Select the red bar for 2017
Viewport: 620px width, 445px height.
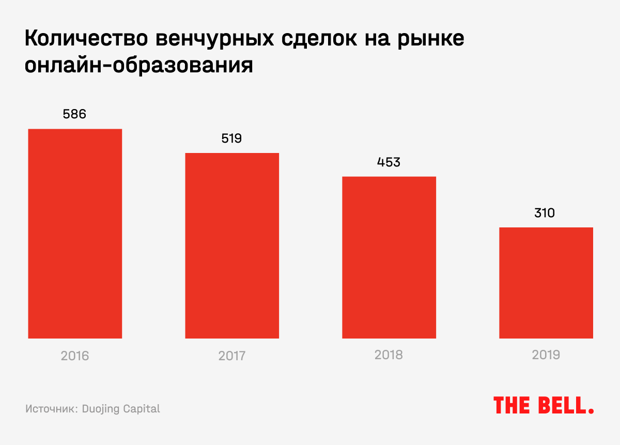(232, 245)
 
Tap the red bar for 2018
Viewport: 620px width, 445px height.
(389, 257)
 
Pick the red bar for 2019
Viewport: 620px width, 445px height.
(546, 283)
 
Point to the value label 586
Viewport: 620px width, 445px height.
(74, 114)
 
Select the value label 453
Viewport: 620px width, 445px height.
(389, 162)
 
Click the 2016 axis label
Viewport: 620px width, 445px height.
(75, 356)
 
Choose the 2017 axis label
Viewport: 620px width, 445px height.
(232, 356)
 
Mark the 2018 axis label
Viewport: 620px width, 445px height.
(389, 356)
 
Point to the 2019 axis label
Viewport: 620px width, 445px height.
(546, 356)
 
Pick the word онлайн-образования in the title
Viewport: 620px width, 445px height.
(139, 66)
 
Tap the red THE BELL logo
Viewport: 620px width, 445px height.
(544, 405)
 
